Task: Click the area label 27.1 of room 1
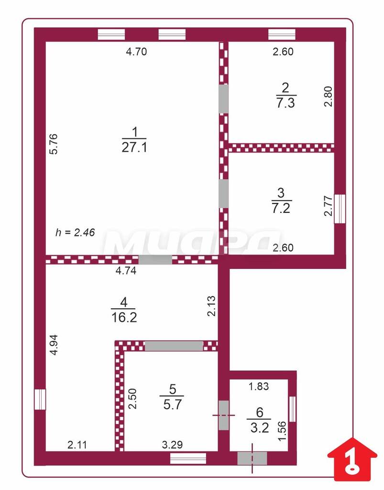click(134, 147)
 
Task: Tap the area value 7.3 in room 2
click(285, 102)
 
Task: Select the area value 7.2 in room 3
click(281, 208)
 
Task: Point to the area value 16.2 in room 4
click(124, 318)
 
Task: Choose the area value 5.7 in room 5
click(172, 405)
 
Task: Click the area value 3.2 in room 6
click(260, 428)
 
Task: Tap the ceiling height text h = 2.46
click(75, 232)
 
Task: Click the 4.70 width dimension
click(136, 52)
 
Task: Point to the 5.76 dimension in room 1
click(54, 144)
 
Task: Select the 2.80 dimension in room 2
click(328, 97)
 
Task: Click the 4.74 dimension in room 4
click(126, 270)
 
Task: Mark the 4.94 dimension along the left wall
click(54, 345)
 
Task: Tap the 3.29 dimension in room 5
click(172, 445)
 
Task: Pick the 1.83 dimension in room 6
click(259, 387)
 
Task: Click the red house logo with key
click(352, 459)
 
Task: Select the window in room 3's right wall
click(340, 209)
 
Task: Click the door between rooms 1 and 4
click(155, 260)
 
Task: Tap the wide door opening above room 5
click(174, 345)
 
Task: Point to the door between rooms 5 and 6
click(223, 415)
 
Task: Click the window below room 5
click(188, 458)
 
